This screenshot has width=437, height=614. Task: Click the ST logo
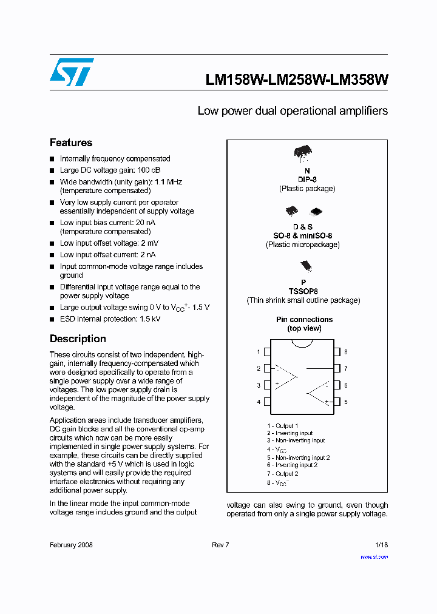pyautogui.click(x=72, y=72)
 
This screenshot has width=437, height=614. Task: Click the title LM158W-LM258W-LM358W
pyautogui.click(x=297, y=80)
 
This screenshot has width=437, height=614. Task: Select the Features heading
pyautogui.click(x=71, y=143)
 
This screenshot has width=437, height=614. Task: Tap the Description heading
pyautogui.click(x=78, y=339)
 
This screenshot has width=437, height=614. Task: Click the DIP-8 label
pyautogui.click(x=307, y=180)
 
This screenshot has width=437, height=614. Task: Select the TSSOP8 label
pyautogui.click(x=303, y=291)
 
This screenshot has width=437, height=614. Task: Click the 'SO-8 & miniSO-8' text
pyautogui.click(x=302, y=235)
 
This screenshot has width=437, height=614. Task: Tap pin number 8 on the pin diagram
pyautogui.click(x=345, y=352)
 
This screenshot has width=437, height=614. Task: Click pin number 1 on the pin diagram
pyautogui.click(x=259, y=352)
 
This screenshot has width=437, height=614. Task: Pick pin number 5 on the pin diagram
pyautogui.click(x=345, y=402)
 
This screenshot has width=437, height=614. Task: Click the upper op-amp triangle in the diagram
pyautogui.click(x=284, y=376)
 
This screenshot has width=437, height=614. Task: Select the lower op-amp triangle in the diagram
pyautogui.click(x=318, y=393)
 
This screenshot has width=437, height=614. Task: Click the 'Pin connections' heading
pyautogui.click(x=304, y=319)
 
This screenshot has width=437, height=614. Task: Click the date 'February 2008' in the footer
pyautogui.click(x=71, y=545)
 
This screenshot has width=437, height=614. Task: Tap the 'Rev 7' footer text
pyautogui.click(x=220, y=545)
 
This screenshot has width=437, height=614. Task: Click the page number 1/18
pyautogui.click(x=381, y=545)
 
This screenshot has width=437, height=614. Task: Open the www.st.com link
pyautogui.click(x=374, y=556)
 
